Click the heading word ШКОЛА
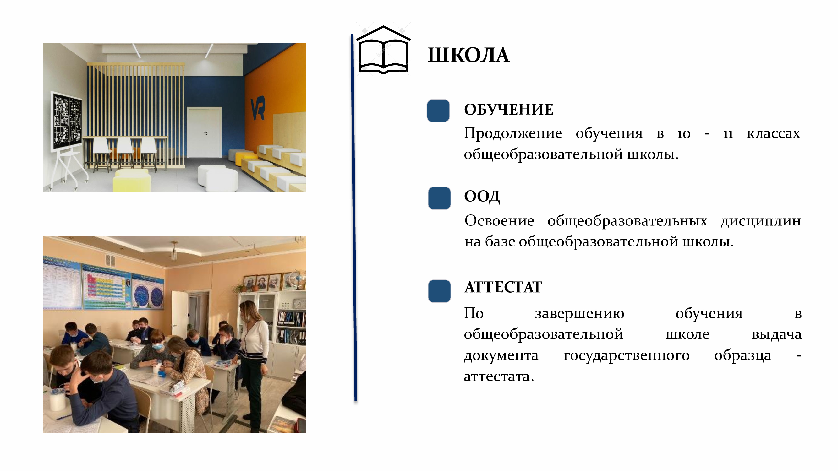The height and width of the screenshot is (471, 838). coord(468,55)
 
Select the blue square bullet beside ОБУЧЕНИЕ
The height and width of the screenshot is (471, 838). coord(438,111)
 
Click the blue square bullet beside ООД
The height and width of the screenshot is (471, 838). coord(439,198)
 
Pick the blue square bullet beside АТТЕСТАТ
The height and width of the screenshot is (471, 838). coord(439,291)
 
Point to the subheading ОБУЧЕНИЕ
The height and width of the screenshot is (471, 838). coord(508,110)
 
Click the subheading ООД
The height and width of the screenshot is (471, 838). coord(482,197)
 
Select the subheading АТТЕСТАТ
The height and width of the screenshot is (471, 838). coord(503,287)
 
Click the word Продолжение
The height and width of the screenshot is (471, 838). coord(513,133)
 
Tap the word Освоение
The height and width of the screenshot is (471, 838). coord(499,221)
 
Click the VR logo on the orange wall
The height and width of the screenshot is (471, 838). coord(258,108)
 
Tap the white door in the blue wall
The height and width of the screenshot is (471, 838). coord(204,132)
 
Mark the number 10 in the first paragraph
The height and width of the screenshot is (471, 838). coord(683,133)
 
